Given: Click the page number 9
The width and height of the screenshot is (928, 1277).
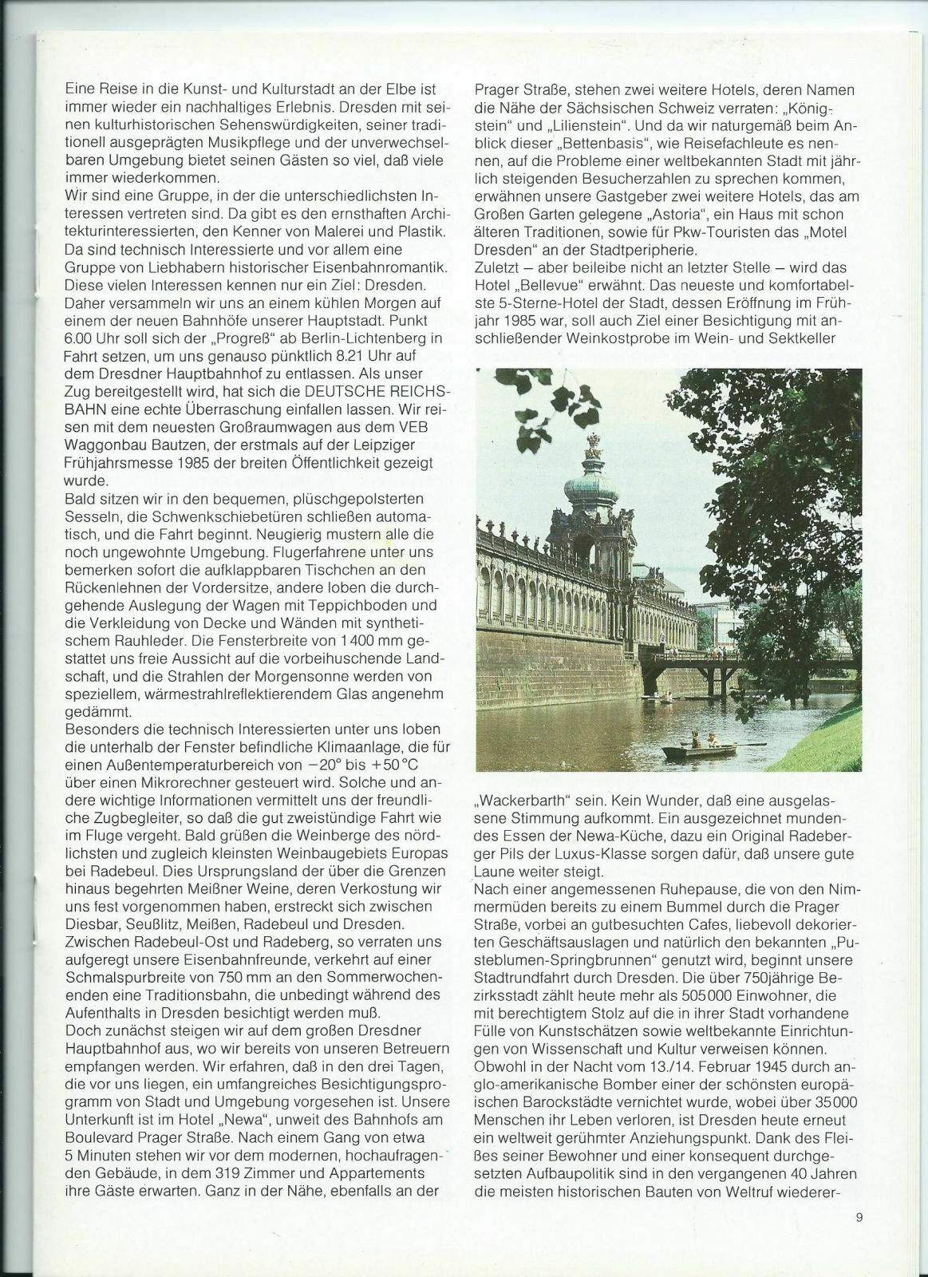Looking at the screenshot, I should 857,1217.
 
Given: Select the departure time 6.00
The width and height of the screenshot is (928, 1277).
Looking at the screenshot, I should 81,337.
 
